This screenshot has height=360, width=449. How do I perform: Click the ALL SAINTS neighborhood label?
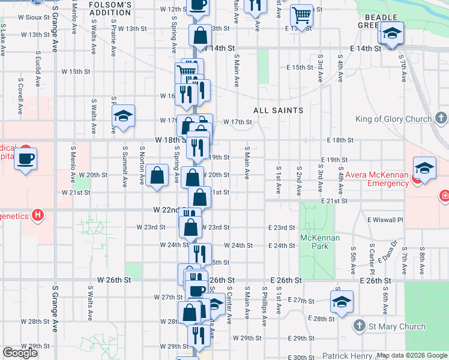[278, 110]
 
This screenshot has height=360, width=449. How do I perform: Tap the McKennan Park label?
[320, 242]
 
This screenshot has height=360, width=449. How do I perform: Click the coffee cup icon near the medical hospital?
[25, 159]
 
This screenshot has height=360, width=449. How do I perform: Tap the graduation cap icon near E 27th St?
[342, 301]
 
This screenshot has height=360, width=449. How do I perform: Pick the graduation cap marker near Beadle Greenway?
[391, 34]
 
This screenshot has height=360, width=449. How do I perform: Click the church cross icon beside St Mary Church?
[359, 326]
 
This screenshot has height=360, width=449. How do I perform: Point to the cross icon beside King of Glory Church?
[441, 118]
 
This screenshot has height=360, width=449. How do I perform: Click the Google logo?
[20, 353]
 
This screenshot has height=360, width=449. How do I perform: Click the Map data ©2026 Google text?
[411, 355]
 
